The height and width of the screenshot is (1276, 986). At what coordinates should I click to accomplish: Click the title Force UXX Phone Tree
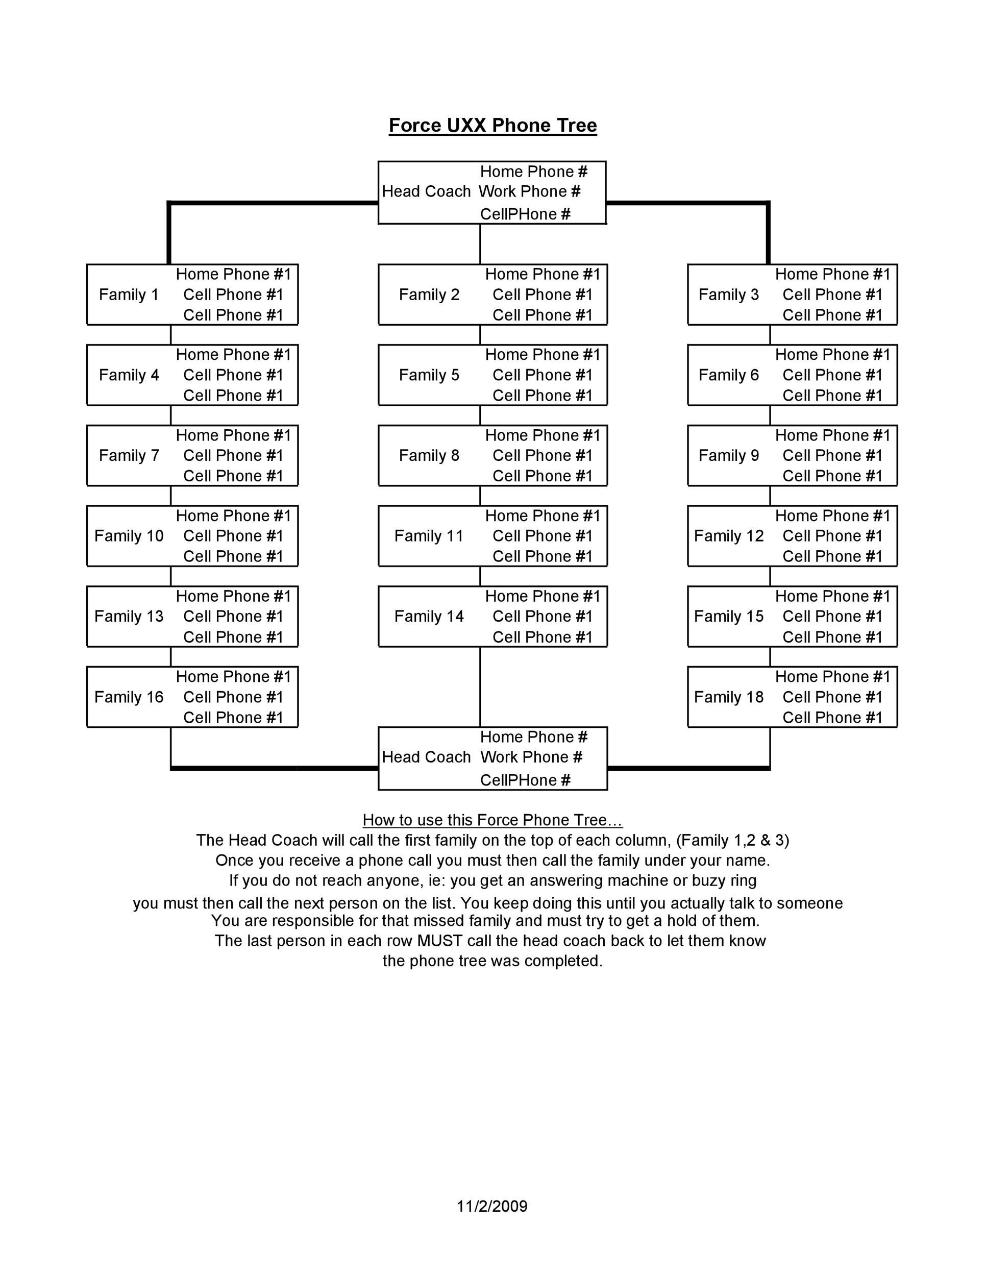pyautogui.click(x=492, y=126)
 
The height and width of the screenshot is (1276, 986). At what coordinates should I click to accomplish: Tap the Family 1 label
pyautogui.click(x=129, y=295)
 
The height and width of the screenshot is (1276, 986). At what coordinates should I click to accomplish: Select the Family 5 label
pyautogui.click(x=429, y=375)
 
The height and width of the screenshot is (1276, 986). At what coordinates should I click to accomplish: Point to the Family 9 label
pyautogui.click(x=728, y=456)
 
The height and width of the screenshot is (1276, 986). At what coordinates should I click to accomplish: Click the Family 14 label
pyautogui.click(x=429, y=617)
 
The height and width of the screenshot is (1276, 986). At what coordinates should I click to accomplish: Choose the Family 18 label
pyautogui.click(x=728, y=697)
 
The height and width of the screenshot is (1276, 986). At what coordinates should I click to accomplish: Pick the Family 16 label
pyautogui.click(x=129, y=697)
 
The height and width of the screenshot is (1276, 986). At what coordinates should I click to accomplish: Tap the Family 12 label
pyautogui.click(x=728, y=536)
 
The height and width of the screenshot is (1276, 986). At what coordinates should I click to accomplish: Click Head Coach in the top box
pyautogui.click(x=426, y=191)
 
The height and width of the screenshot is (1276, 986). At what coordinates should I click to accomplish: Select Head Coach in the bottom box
pyautogui.click(x=426, y=757)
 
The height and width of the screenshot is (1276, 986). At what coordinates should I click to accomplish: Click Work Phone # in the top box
pyautogui.click(x=530, y=191)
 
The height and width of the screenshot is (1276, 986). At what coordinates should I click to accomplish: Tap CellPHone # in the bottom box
pyautogui.click(x=525, y=780)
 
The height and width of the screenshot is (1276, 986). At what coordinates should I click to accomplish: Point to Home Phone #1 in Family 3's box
pyautogui.click(x=832, y=275)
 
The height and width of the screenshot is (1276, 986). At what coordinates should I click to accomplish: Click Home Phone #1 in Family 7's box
pyautogui.click(x=233, y=435)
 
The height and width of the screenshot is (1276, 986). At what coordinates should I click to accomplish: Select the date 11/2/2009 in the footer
pyautogui.click(x=492, y=1207)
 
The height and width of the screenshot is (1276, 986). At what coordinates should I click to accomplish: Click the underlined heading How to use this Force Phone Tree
pyautogui.click(x=492, y=820)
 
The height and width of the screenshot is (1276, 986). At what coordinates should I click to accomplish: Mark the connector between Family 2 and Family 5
pyautogui.click(x=480, y=335)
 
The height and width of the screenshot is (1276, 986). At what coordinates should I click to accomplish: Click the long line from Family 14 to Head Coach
pyautogui.click(x=480, y=686)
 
